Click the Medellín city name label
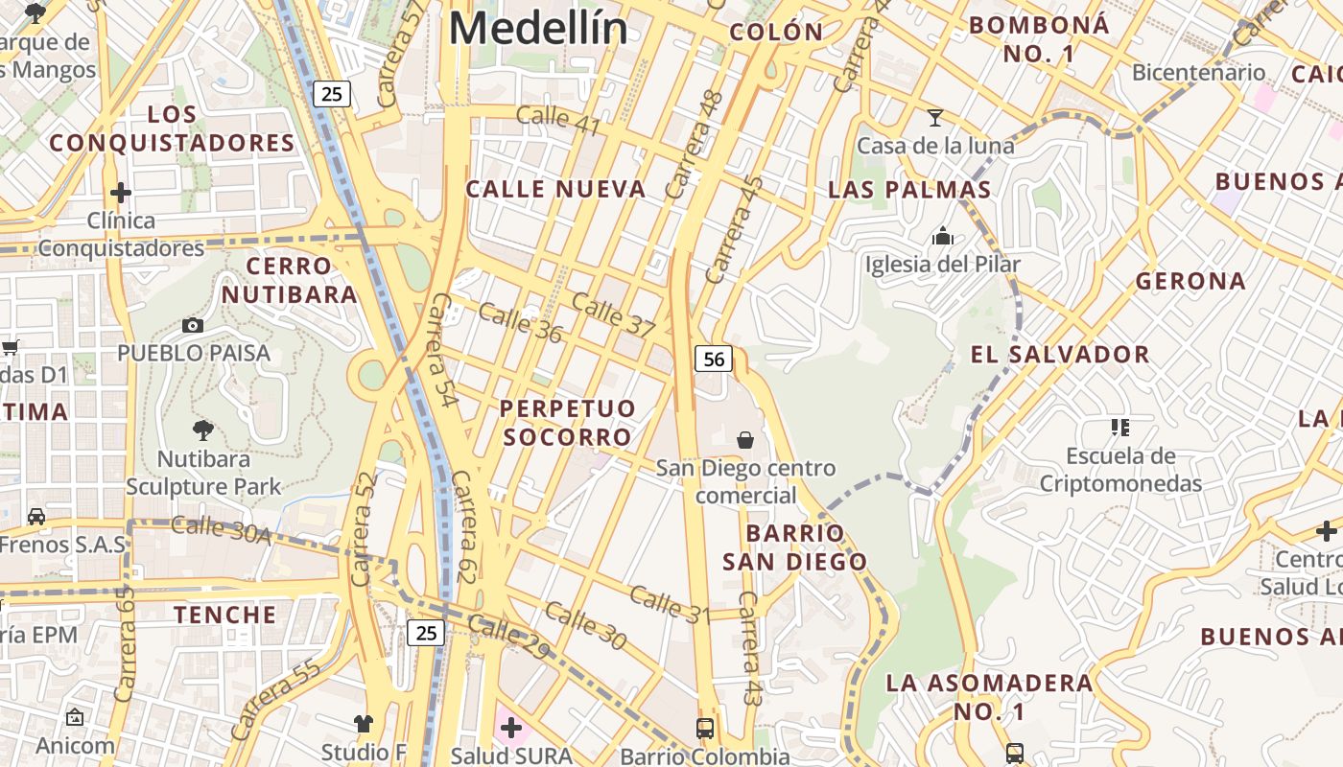tap(538, 28)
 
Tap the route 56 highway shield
tap(714, 359)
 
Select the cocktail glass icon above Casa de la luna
tap(935, 118)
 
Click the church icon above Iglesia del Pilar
tap(943, 236)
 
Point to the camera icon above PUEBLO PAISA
tap(193, 325)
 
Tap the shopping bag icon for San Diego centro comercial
tap(745, 440)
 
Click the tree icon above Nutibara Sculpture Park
tap(203, 430)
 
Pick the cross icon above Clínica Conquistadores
tap(121, 193)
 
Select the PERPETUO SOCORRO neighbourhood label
tap(568, 423)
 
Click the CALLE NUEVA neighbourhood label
tap(556, 189)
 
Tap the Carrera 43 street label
tap(751, 648)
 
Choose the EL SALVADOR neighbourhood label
tap(1060, 355)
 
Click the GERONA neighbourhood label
tap(1190, 281)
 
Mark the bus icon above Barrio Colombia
tap(705, 728)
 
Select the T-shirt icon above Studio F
tap(364, 723)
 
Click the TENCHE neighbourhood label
tap(225, 615)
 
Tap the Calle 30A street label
tap(221, 529)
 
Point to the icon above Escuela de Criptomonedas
tap(1119, 427)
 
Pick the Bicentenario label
tap(1199, 72)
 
